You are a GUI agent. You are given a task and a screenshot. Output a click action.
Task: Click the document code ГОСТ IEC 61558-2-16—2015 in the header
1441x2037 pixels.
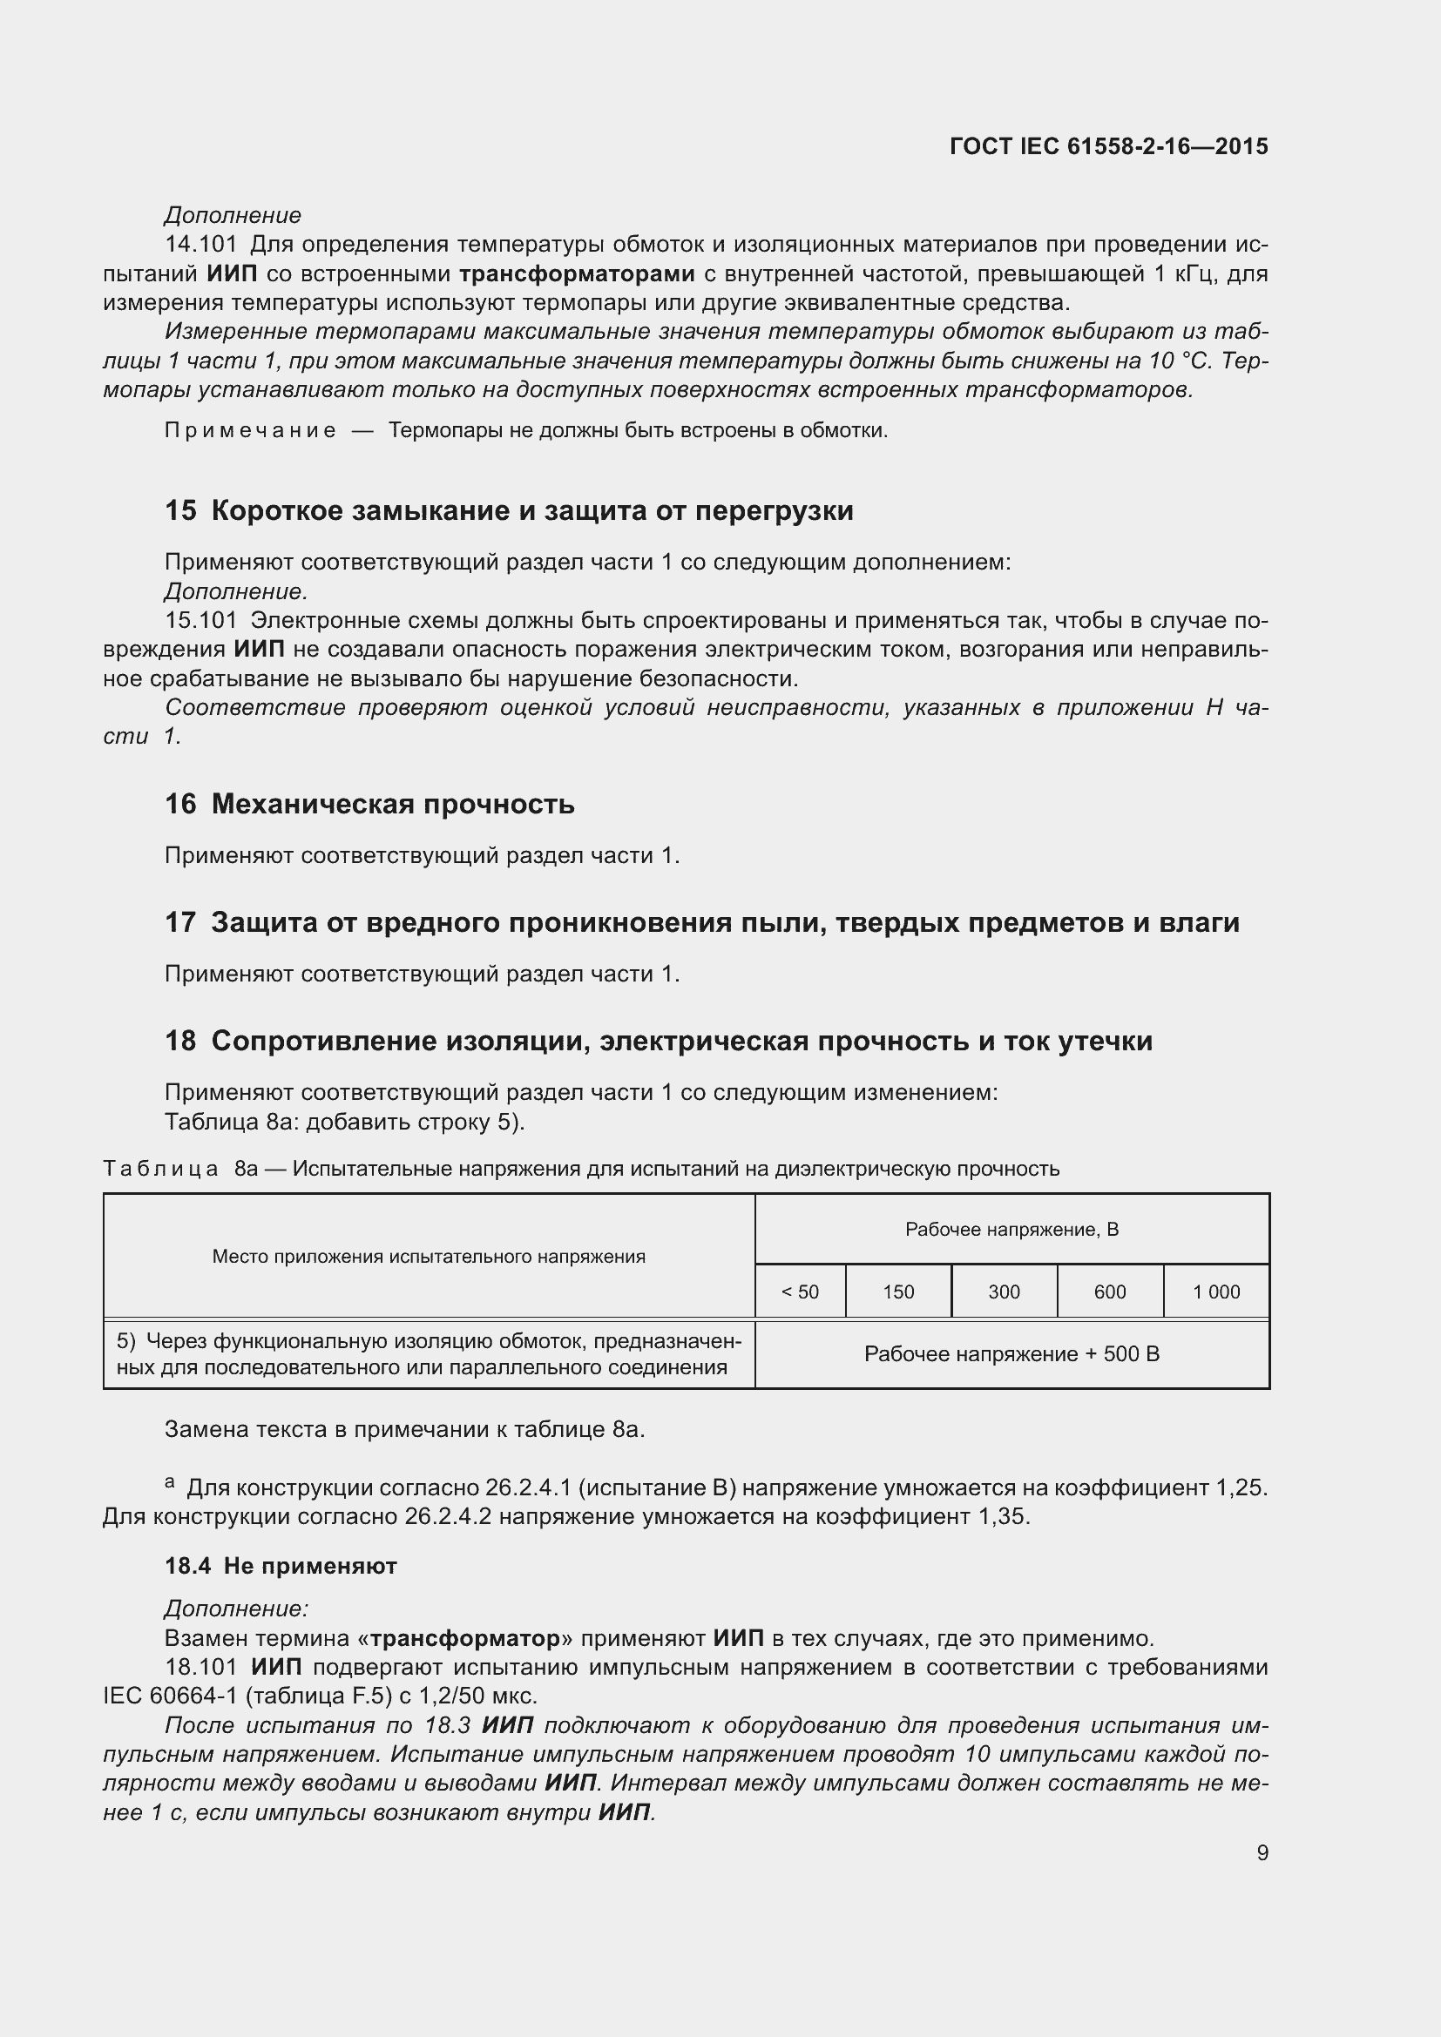tap(1108, 146)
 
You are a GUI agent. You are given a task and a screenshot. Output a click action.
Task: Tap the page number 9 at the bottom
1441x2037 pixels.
tap(1262, 1853)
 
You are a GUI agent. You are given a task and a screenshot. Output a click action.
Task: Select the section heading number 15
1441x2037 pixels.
tap(180, 511)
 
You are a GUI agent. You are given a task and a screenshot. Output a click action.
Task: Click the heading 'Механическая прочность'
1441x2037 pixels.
tap(392, 804)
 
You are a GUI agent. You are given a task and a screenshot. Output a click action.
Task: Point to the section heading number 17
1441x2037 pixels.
tap(180, 922)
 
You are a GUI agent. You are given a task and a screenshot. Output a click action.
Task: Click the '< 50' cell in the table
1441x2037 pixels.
tap(800, 1292)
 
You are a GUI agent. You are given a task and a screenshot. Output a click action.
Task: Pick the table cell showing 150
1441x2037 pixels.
tap(898, 1292)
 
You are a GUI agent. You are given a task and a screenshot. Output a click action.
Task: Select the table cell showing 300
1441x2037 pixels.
tap(1004, 1292)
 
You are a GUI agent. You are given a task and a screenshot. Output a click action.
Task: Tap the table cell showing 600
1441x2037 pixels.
tap(1109, 1292)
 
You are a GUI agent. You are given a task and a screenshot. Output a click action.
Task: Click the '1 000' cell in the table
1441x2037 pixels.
tap(1215, 1292)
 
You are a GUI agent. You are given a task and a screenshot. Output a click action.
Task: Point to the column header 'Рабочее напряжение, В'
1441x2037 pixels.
tap(1011, 1230)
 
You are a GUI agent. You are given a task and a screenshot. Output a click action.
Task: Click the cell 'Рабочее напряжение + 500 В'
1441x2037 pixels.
tap(1011, 1354)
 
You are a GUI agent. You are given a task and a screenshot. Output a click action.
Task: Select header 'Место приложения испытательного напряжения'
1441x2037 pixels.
tap(429, 1257)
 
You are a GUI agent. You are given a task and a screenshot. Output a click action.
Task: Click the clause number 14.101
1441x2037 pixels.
tap(200, 244)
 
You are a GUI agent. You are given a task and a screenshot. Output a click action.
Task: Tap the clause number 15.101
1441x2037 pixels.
tap(200, 620)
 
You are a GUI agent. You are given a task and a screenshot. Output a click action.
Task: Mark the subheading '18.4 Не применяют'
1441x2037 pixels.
tap(281, 1566)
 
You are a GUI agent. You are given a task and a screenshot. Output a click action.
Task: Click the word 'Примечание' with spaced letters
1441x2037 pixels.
tap(250, 431)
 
